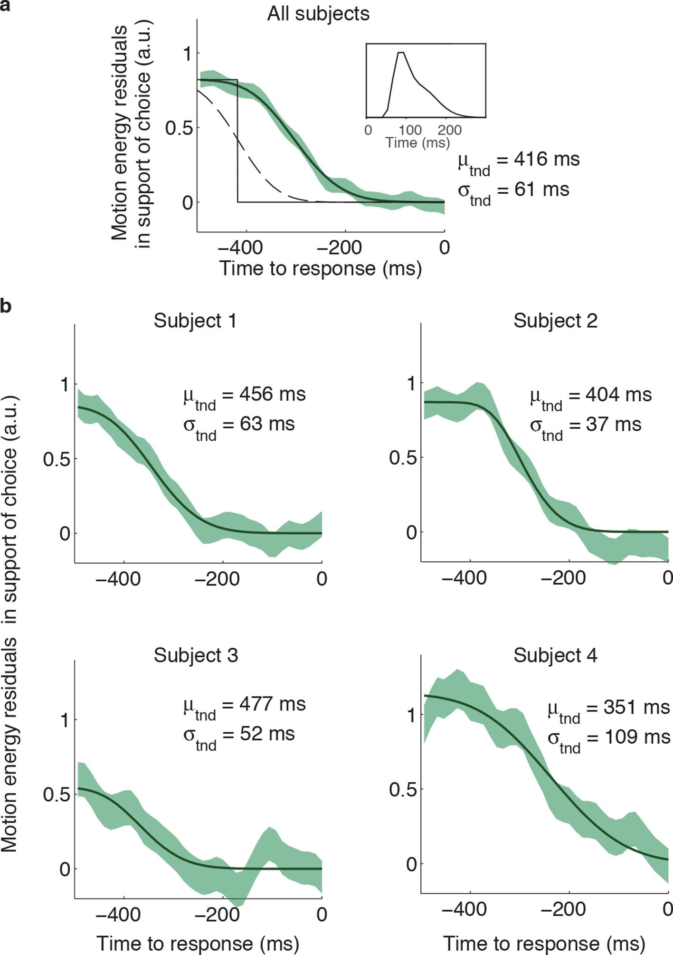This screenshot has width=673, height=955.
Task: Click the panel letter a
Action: click(x=5, y=7)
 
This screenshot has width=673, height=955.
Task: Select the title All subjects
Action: click(x=318, y=14)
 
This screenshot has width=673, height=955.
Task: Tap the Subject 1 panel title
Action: click(x=195, y=321)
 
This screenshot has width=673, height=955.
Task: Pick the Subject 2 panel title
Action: click(x=555, y=321)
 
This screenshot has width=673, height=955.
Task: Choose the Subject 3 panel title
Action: click(x=196, y=655)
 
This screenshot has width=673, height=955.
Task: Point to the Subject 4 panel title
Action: click(x=555, y=655)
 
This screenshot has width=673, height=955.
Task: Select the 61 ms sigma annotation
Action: click(x=541, y=189)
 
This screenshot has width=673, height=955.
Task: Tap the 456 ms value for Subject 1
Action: click(x=272, y=394)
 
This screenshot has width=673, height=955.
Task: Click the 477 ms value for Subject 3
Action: click(x=272, y=704)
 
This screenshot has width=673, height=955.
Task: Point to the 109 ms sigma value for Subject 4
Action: click(x=636, y=737)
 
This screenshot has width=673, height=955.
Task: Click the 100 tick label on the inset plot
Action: click(x=410, y=130)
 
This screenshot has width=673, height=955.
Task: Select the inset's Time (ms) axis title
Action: click(x=417, y=142)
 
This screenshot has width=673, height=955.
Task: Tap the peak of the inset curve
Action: click(x=401, y=53)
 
